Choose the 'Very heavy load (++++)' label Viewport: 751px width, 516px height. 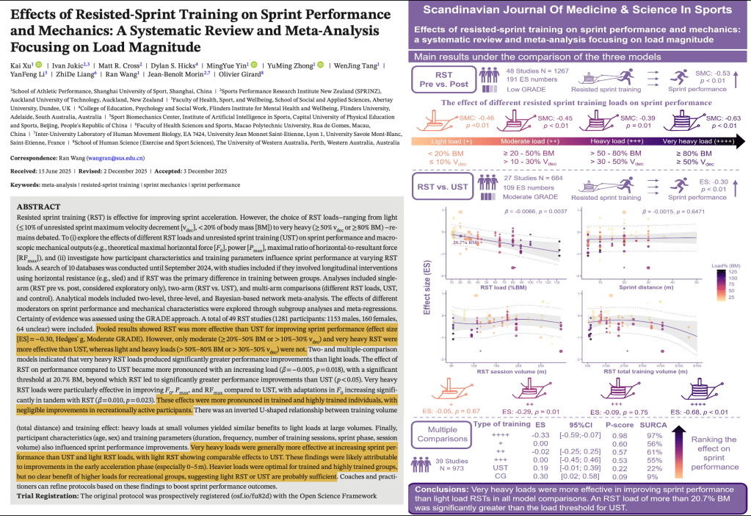[x=697, y=142]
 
